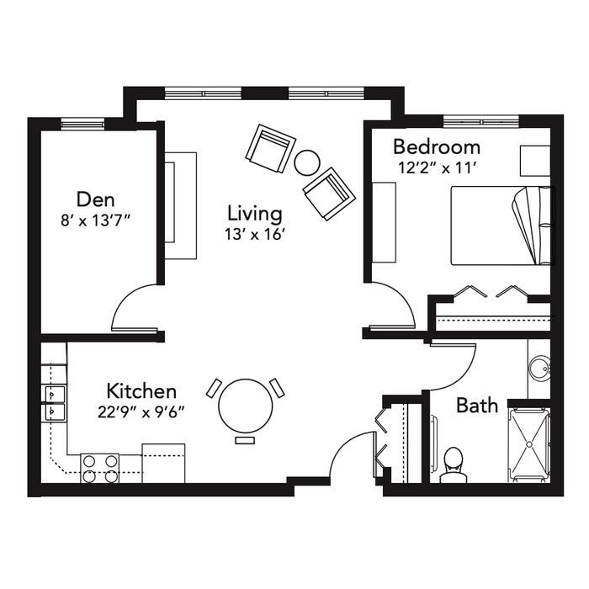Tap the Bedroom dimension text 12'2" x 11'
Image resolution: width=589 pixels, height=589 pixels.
point(437,168)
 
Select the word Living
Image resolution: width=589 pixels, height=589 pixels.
point(255,214)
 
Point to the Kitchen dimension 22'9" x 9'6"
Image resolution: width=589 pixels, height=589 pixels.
point(141,412)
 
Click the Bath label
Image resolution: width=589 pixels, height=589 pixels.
point(477,406)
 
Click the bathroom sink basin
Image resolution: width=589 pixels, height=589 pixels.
point(540,369)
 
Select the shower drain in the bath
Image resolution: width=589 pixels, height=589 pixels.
point(529,444)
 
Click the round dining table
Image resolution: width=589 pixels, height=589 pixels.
point(246,406)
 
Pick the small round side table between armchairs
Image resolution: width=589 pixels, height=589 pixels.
point(307,162)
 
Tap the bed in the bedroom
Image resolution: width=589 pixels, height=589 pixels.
point(502,226)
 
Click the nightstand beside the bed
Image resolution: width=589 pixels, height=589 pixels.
point(535,161)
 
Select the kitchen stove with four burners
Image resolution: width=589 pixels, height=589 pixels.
point(100,468)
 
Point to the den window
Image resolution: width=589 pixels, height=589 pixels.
point(82,124)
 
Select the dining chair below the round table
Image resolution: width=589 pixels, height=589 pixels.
point(245,441)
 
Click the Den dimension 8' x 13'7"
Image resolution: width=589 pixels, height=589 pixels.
point(95,221)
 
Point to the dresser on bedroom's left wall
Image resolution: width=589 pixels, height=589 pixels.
point(384,222)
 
